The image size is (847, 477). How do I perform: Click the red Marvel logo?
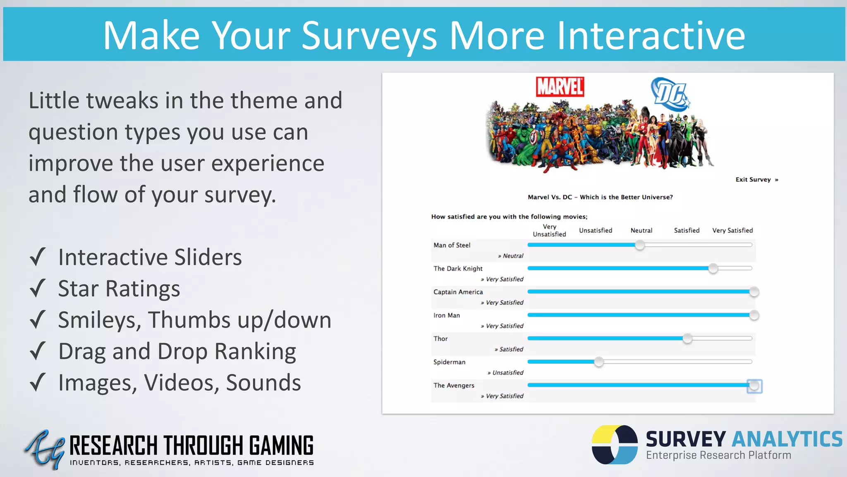pos(560,87)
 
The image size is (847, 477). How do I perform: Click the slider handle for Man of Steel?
pos(640,245)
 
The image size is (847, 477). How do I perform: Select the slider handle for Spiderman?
pos(598,362)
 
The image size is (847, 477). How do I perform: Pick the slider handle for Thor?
pos(687,339)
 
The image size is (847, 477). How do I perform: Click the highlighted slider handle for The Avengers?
pos(754,386)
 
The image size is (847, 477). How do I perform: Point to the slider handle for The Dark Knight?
pos(713,268)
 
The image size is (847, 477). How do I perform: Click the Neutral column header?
pos(641,231)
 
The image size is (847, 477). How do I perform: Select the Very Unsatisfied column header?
pos(549,231)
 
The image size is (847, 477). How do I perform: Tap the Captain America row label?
pos(458,292)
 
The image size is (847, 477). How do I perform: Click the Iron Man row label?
pos(446,316)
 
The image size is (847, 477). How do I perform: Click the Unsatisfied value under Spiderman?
pos(507,373)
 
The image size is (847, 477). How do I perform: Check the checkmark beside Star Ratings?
pos(38,288)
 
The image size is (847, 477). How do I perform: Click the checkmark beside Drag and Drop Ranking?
pos(38,351)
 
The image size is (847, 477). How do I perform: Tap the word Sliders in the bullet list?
pos(208,257)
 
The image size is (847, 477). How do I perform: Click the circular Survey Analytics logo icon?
pos(615,445)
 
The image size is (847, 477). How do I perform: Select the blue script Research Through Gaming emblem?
pos(44,449)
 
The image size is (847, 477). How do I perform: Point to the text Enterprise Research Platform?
pos(718,455)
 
